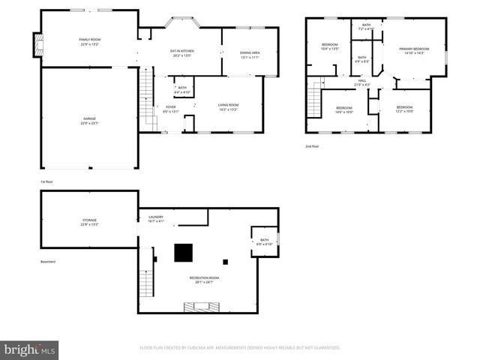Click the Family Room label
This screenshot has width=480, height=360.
(x=90, y=41)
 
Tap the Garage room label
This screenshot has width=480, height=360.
(x=89, y=121)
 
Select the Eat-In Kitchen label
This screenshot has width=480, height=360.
(x=182, y=52)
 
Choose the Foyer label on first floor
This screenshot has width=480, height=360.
(x=171, y=109)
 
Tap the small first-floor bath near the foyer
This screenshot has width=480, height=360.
(x=182, y=89)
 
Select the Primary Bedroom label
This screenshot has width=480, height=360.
(x=415, y=50)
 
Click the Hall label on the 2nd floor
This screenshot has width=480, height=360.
(x=361, y=82)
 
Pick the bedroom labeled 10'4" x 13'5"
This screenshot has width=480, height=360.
(x=330, y=47)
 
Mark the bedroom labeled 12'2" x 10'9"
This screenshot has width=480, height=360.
(x=404, y=109)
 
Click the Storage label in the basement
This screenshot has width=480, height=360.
(x=89, y=222)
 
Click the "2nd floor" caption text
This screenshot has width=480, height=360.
(x=312, y=146)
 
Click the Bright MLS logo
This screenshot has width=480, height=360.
(x=30, y=349)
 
